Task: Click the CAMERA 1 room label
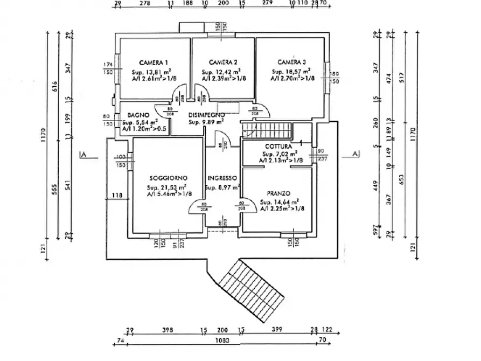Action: click(x=154, y=63)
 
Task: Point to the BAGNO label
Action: click(x=138, y=115)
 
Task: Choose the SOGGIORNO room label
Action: click(x=169, y=178)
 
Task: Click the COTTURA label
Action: click(x=278, y=147)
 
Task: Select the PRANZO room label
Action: click(x=278, y=193)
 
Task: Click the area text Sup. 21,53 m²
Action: click(x=166, y=187)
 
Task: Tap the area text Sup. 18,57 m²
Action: click(x=291, y=71)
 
